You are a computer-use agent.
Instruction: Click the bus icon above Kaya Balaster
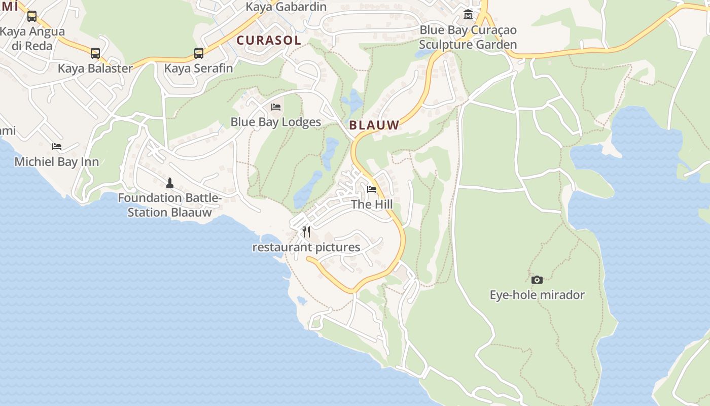pos(95,53)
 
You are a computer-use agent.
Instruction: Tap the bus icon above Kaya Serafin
pos(199,53)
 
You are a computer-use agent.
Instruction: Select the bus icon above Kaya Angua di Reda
pos(32,16)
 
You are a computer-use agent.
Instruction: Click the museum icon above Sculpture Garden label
pos(468,14)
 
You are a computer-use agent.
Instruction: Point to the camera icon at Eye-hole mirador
pos(537,280)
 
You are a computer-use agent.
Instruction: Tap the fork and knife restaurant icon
pos(306,232)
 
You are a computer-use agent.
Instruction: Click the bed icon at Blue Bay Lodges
pos(276,107)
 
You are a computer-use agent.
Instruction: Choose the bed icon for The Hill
pos(372,189)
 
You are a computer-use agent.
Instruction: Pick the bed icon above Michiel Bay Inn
pos(57,147)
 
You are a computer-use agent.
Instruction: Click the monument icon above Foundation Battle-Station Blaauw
pos(170,183)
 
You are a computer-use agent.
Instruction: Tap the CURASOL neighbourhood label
pos(269,40)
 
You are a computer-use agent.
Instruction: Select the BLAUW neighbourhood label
pos(374,125)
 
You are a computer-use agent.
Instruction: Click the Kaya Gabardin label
pos(286,7)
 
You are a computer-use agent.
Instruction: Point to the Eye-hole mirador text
pos(537,295)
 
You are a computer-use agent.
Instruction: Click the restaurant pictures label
pos(306,248)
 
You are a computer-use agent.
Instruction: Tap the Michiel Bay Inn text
pos(57,162)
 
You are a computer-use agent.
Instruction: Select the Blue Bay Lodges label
pos(276,122)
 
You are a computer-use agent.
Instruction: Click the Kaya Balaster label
pos(95,68)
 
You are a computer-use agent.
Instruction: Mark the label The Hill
pos(372,205)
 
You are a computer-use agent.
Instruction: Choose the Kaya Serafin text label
pos(199,68)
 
